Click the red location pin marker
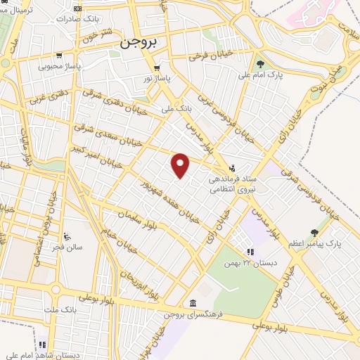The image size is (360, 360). pyautogui.click(x=181, y=165)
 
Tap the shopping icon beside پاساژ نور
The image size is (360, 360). pyautogui.click(x=157, y=68)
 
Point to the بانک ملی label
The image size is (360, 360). pyautogui.click(x=176, y=109)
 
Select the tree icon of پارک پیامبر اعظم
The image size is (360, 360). pyautogui.click(x=314, y=232)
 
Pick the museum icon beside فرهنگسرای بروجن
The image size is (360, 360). pyautogui.click(x=192, y=303)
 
